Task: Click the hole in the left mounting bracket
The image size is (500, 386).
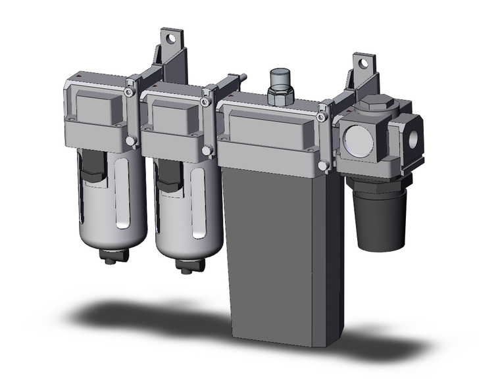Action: [x=173, y=38]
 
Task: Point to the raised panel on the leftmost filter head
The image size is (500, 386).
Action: [x=95, y=105]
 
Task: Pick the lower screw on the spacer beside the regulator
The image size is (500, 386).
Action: [x=324, y=165]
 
